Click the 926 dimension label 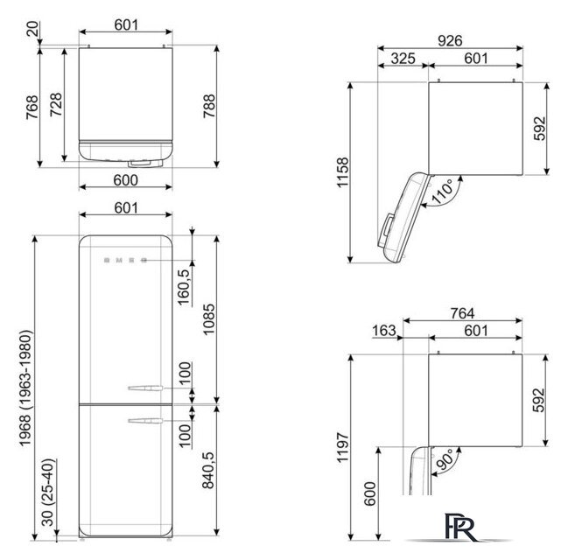pyautogui.click(x=450, y=40)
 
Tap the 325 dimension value pyautogui.click(x=403, y=59)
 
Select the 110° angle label pyautogui.click(x=442, y=192)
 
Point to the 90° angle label pyautogui.click(x=445, y=459)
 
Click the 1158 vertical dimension pyautogui.click(x=343, y=172)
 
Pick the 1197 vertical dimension pyautogui.click(x=343, y=447)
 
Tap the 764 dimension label pyautogui.click(x=462, y=313)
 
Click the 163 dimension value pyautogui.click(x=384, y=331)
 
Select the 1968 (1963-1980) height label pyautogui.click(x=25, y=388)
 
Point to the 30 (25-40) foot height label pyautogui.click(x=47, y=493)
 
